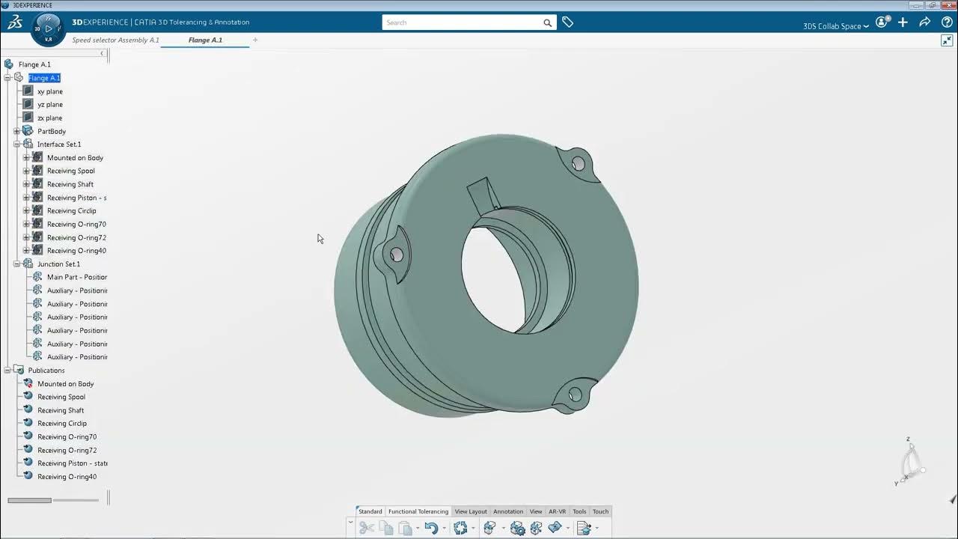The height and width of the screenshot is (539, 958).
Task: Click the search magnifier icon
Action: point(547,22)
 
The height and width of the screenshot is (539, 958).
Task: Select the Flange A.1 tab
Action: point(205,40)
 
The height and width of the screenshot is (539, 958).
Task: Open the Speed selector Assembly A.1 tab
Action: point(115,40)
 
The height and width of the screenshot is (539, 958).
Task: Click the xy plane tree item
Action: point(50,91)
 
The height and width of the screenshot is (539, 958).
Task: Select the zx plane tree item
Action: point(50,118)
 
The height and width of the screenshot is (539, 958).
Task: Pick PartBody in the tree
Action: point(52,131)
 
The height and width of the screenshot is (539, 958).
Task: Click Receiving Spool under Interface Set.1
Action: point(70,171)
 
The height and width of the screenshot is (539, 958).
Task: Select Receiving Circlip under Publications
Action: point(62,424)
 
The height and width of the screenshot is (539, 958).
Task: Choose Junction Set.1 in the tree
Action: point(58,264)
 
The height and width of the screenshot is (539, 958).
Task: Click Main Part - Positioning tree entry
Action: point(76,277)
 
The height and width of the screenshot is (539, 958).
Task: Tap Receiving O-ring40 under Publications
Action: point(67,477)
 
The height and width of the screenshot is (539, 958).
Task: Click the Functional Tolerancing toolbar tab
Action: point(418,511)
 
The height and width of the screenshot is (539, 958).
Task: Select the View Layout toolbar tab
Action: point(471,511)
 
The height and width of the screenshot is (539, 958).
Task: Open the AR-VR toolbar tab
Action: point(557,511)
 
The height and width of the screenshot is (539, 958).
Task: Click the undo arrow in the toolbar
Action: point(430,528)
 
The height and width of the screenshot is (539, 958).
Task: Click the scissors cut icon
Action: point(366,528)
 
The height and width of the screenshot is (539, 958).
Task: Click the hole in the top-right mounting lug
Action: point(578,163)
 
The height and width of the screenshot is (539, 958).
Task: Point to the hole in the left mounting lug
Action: point(397,255)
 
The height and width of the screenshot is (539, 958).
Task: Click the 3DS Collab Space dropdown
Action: point(835,26)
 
